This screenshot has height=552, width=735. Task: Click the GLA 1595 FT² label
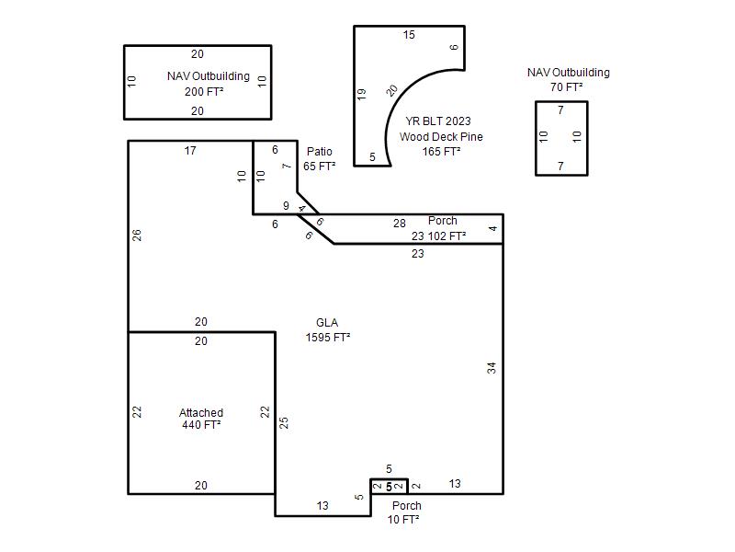click(328, 330)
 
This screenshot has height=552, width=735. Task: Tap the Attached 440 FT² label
click(201, 419)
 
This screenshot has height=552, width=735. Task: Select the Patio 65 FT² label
click(319, 158)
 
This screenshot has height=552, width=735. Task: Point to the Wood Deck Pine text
click(441, 136)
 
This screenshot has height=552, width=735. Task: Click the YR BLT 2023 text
click(438, 121)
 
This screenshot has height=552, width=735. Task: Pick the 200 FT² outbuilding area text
click(204, 91)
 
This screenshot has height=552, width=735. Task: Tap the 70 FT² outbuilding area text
click(567, 87)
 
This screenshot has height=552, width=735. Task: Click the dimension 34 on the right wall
click(492, 367)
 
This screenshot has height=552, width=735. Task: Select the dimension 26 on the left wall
click(136, 236)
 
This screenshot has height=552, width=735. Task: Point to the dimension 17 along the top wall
click(190, 151)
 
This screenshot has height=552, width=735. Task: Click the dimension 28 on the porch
click(400, 224)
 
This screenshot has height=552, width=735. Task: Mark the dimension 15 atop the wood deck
click(409, 35)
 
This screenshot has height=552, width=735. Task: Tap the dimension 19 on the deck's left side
click(361, 94)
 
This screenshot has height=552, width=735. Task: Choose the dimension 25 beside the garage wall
click(284, 422)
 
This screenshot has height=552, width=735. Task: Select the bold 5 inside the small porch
click(389, 488)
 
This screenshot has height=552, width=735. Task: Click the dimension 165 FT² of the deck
click(441, 152)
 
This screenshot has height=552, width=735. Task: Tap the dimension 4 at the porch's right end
click(492, 228)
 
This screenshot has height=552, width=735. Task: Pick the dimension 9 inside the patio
click(286, 205)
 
